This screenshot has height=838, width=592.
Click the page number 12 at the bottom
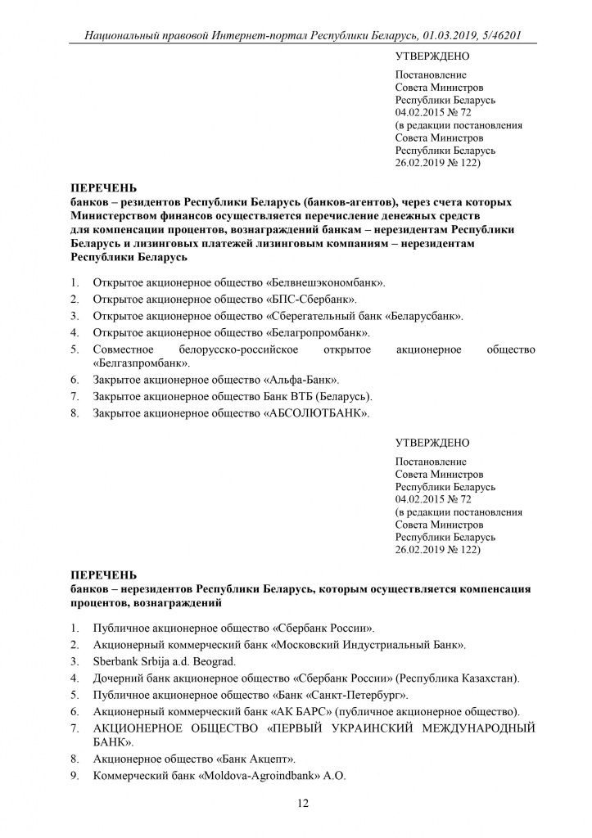pos(302,804)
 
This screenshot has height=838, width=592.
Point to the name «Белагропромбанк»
pos(319,333)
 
